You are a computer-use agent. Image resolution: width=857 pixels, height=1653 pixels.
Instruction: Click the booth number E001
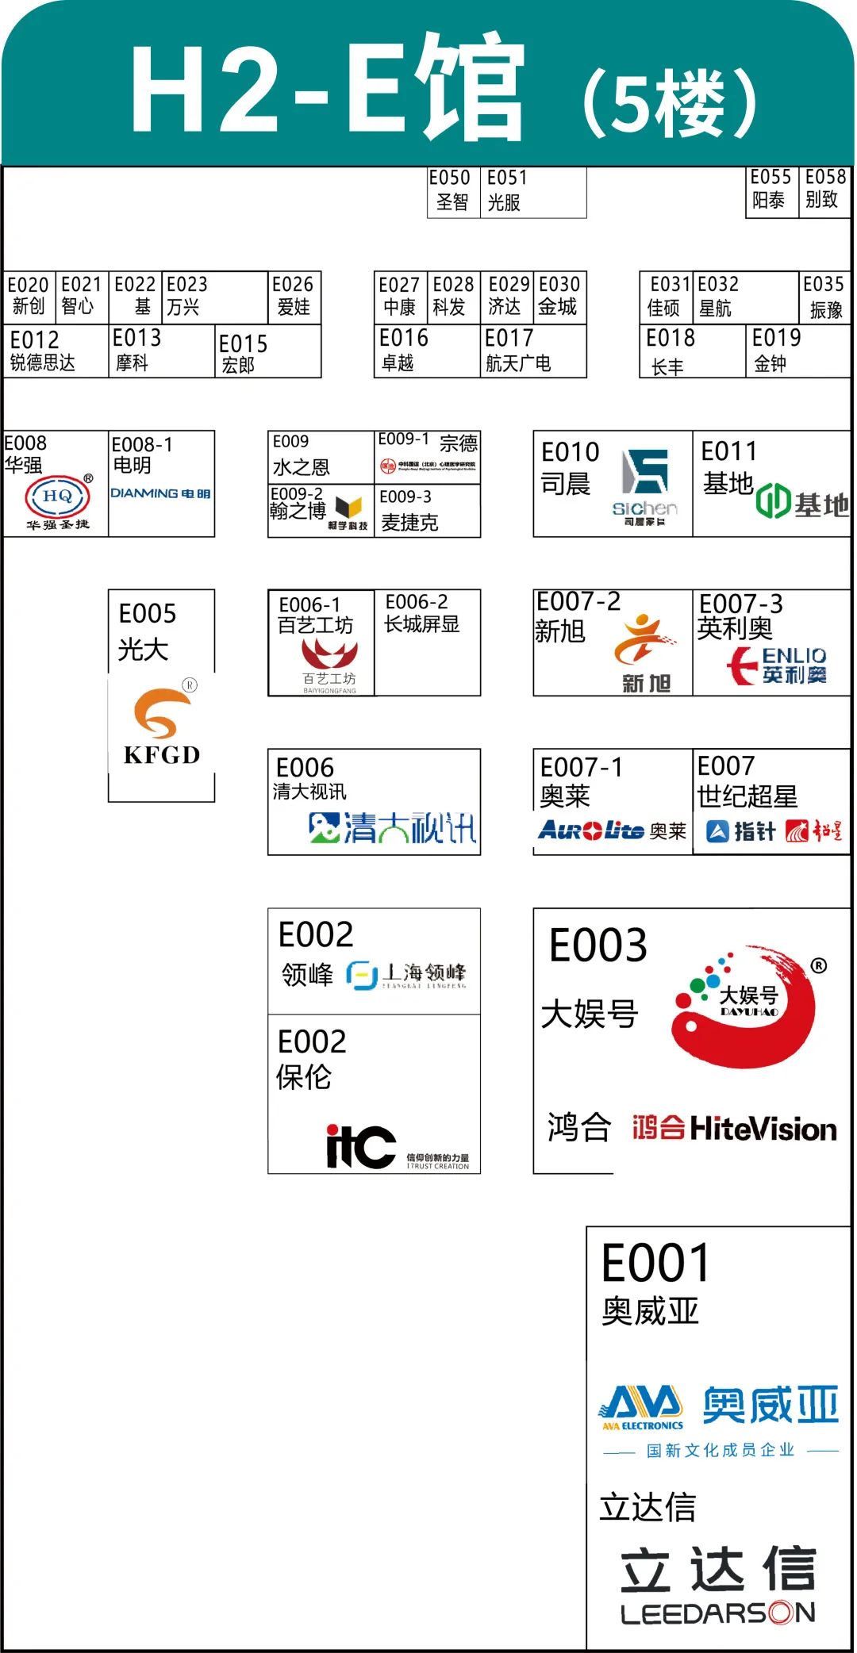click(655, 1263)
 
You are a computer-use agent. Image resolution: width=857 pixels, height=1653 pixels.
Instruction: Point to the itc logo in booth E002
click(361, 1146)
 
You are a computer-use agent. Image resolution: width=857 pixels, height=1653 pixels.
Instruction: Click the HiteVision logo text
click(763, 1129)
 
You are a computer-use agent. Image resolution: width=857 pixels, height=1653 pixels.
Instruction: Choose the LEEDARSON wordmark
click(718, 1613)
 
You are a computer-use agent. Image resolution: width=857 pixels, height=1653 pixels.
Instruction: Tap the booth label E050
click(450, 178)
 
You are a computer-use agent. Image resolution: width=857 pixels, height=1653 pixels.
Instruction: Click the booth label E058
click(825, 177)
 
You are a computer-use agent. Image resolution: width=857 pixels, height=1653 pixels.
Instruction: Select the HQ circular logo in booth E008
click(57, 497)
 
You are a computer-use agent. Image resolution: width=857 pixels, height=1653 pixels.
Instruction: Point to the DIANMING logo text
click(160, 493)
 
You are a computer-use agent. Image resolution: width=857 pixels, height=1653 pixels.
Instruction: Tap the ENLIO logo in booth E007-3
click(778, 665)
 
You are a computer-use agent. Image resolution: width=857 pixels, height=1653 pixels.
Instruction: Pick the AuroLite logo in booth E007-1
click(590, 830)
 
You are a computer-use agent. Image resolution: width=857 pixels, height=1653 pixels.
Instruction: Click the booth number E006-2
click(417, 602)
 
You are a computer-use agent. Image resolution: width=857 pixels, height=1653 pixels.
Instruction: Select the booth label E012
click(35, 340)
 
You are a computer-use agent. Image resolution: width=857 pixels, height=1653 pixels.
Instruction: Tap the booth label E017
click(509, 339)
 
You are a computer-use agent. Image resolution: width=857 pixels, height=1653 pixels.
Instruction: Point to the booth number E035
click(823, 284)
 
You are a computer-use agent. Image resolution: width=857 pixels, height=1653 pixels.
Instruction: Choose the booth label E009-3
click(405, 497)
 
